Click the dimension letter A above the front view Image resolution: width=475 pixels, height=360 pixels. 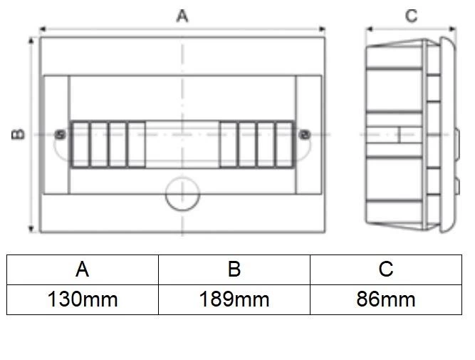tap(182, 16)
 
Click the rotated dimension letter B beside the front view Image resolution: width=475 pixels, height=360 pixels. tap(18, 134)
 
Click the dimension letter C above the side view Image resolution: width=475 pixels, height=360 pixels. tap(411, 16)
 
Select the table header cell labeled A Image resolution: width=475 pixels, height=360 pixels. tap(83, 269)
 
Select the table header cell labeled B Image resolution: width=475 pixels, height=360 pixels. tap(234, 269)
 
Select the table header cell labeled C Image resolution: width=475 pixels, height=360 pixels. tap(386, 269)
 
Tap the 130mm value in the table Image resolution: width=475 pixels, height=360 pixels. tap(83, 299)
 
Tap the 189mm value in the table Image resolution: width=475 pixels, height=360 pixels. tap(234, 299)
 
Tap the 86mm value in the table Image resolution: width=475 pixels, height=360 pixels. tap(386, 299)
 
